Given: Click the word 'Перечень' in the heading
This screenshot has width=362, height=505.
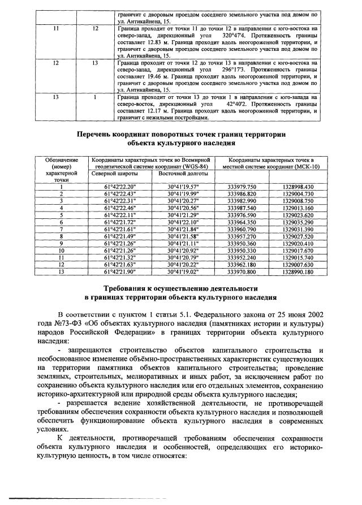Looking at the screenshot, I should point(98,135).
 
